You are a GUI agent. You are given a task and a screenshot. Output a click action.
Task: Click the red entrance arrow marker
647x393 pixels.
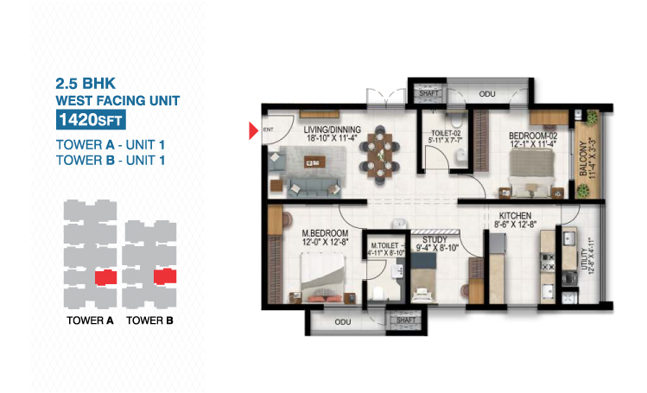tap(253, 130)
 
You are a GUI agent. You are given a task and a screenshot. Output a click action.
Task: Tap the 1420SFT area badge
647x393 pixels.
tap(91, 120)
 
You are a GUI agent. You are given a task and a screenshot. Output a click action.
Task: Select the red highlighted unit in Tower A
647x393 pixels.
tap(105, 277)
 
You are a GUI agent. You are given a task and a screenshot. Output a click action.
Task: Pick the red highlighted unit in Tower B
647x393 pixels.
tap(165, 276)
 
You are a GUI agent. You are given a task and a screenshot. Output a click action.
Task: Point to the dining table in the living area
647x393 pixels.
tap(379, 155)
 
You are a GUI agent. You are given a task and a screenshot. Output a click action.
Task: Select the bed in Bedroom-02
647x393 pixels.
tap(531, 172)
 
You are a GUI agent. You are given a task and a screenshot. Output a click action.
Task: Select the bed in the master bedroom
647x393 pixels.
tap(323, 278)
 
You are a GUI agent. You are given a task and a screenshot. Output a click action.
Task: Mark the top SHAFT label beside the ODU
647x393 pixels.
tap(429, 93)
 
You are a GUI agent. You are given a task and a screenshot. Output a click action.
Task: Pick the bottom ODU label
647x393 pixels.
tap(343, 321)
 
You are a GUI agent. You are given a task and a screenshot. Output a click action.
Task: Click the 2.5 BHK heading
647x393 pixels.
tap(86, 83)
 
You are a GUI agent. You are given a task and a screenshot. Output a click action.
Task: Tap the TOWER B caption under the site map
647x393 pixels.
tap(149, 320)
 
